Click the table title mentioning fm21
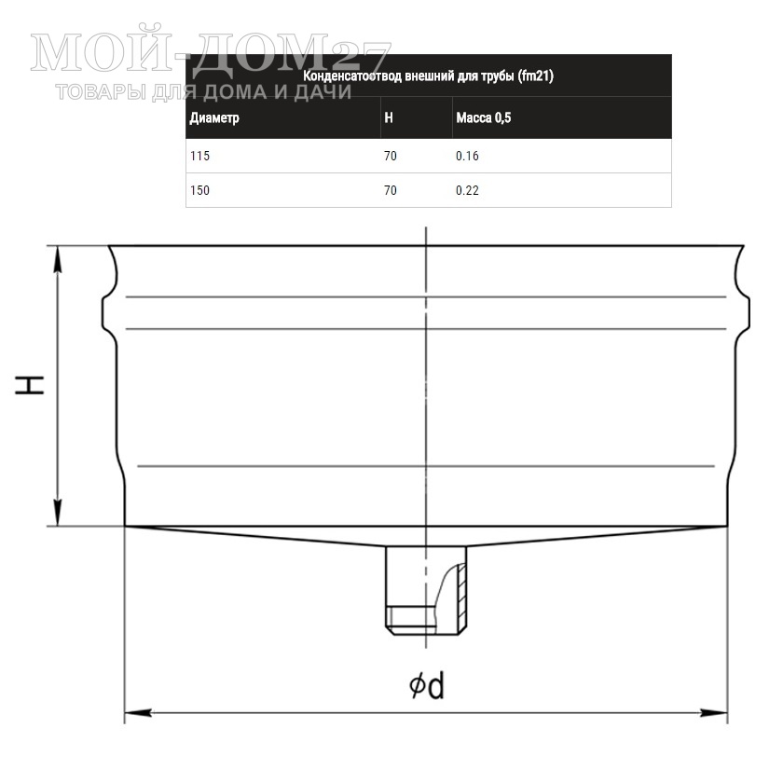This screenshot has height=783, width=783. point(428,76)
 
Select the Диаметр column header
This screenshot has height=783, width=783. point(214,117)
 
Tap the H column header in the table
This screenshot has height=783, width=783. point(389,117)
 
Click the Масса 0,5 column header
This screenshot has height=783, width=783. point(484,117)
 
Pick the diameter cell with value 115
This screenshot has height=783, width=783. point(199,156)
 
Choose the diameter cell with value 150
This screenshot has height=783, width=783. point(199,190)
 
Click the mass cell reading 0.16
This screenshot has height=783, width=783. point(467,156)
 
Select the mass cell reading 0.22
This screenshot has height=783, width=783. point(467,190)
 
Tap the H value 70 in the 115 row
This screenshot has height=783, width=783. point(390,156)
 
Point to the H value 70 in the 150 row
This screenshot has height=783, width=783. point(390,190)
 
